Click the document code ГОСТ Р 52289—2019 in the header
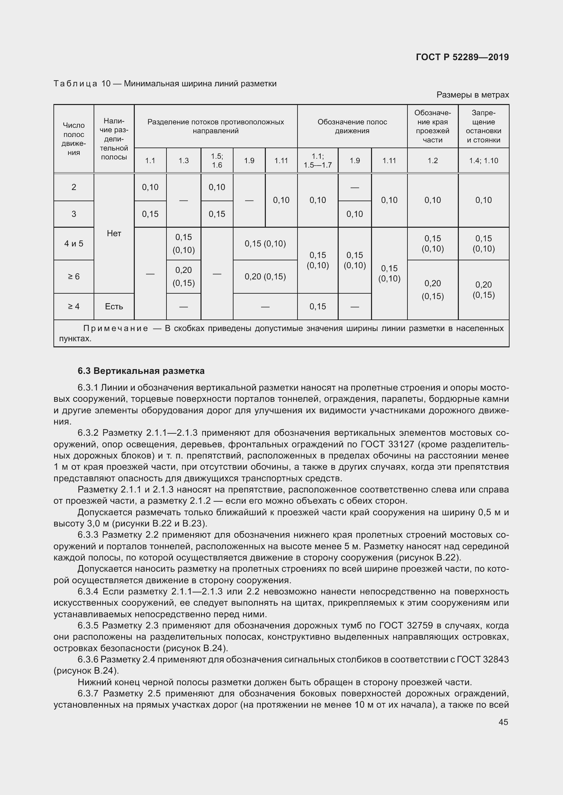[462, 57]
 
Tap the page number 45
[503, 722]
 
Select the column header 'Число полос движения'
[74, 138]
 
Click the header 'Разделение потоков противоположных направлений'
[215, 126]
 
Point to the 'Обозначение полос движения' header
[352, 126]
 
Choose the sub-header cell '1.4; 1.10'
[483, 161]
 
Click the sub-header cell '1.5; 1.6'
[217, 161]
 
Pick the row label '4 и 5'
[74, 244]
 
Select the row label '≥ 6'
[74, 277]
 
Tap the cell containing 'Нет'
[114, 234]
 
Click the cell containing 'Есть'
[114, 307]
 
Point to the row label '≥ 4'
[74, 307]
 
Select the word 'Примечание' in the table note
[115, 328]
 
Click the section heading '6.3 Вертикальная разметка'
[141, 371]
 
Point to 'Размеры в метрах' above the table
[472, 95]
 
